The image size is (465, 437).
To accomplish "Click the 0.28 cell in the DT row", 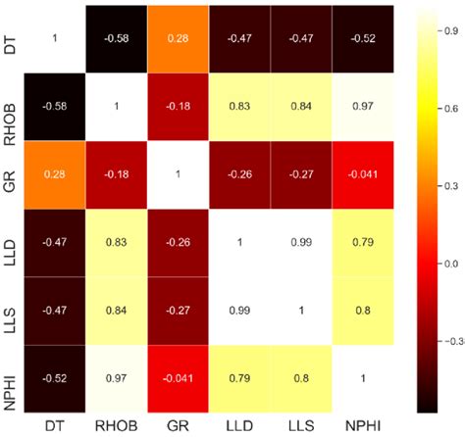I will pos(176,36).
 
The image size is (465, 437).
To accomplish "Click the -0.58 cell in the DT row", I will pos(114,36).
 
